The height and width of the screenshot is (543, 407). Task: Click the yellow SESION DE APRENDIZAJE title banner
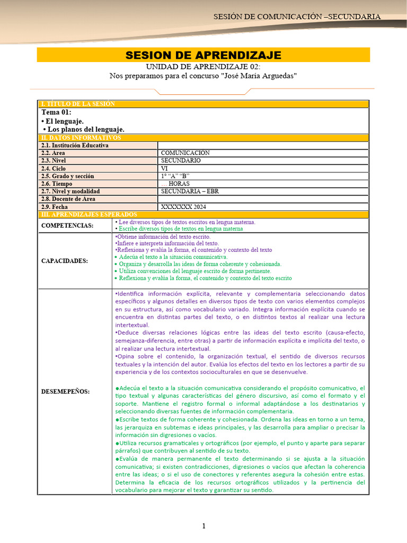click(x=203, y=55)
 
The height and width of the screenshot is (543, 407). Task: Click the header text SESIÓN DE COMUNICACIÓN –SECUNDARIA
click(x=297, y=16)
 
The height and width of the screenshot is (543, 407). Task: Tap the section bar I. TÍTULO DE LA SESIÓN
click(x=78, y=104)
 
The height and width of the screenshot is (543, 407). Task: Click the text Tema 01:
click(x=56, y=112)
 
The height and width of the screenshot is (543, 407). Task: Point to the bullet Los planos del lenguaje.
click(x=84, y=129)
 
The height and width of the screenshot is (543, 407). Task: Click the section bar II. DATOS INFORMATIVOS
click(x=81, y=138)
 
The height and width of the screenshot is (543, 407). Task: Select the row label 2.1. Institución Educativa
click(x=75, y=145)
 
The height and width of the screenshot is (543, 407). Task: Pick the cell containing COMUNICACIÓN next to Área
click(x=185, y=153)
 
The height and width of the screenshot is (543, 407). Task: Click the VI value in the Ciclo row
click(x=164, y=168)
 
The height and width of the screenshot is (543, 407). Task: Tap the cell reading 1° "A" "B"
click(x=175, y=176)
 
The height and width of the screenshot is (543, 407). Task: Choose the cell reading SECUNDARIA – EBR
click(x=190, y=191)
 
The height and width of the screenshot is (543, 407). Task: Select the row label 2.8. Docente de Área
click(x=68, y=199)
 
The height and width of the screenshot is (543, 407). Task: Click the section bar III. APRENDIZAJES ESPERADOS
click(x=88, y=214)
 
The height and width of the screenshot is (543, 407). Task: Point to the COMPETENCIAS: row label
click(x=67, y=225)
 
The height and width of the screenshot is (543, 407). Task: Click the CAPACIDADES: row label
click(x=65, y=260)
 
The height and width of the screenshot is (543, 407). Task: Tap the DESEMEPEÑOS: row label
click(x=66, y=391)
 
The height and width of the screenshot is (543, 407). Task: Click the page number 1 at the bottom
click(x=203, y=526)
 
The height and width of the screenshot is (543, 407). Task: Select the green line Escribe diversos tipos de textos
click(x=179, y=229)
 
